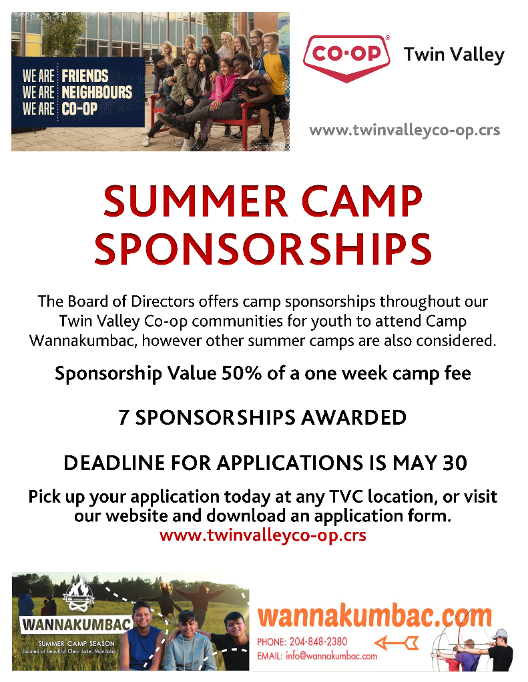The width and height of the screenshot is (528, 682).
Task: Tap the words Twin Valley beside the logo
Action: tap(454, 55)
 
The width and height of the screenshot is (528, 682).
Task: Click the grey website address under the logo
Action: tap(405, 131)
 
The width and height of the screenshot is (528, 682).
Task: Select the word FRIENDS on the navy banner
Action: tap(85, 76)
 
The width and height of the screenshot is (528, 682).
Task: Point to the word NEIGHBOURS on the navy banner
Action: tap(97, 92)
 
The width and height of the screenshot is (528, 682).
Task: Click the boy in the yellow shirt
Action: tap(274, 87)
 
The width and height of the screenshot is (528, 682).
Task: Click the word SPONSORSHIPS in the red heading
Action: tap(263, 249)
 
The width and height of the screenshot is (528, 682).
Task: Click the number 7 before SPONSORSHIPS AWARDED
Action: tap(123, 418)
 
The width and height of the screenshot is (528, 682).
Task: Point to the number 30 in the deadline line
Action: tap(455, 463)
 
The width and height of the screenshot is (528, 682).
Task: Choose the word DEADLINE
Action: tap(115, 463)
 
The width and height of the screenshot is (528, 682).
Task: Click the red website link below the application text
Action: tap(263, 535)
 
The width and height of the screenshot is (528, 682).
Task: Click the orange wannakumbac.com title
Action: tap(374, 616)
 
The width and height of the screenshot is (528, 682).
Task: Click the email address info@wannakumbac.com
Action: tap(331, 656)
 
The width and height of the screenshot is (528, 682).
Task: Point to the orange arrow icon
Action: tap(396, 643)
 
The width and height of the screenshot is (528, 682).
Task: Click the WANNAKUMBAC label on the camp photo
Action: tap(77, 625)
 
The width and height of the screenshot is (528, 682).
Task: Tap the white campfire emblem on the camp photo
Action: tap(78, 595)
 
